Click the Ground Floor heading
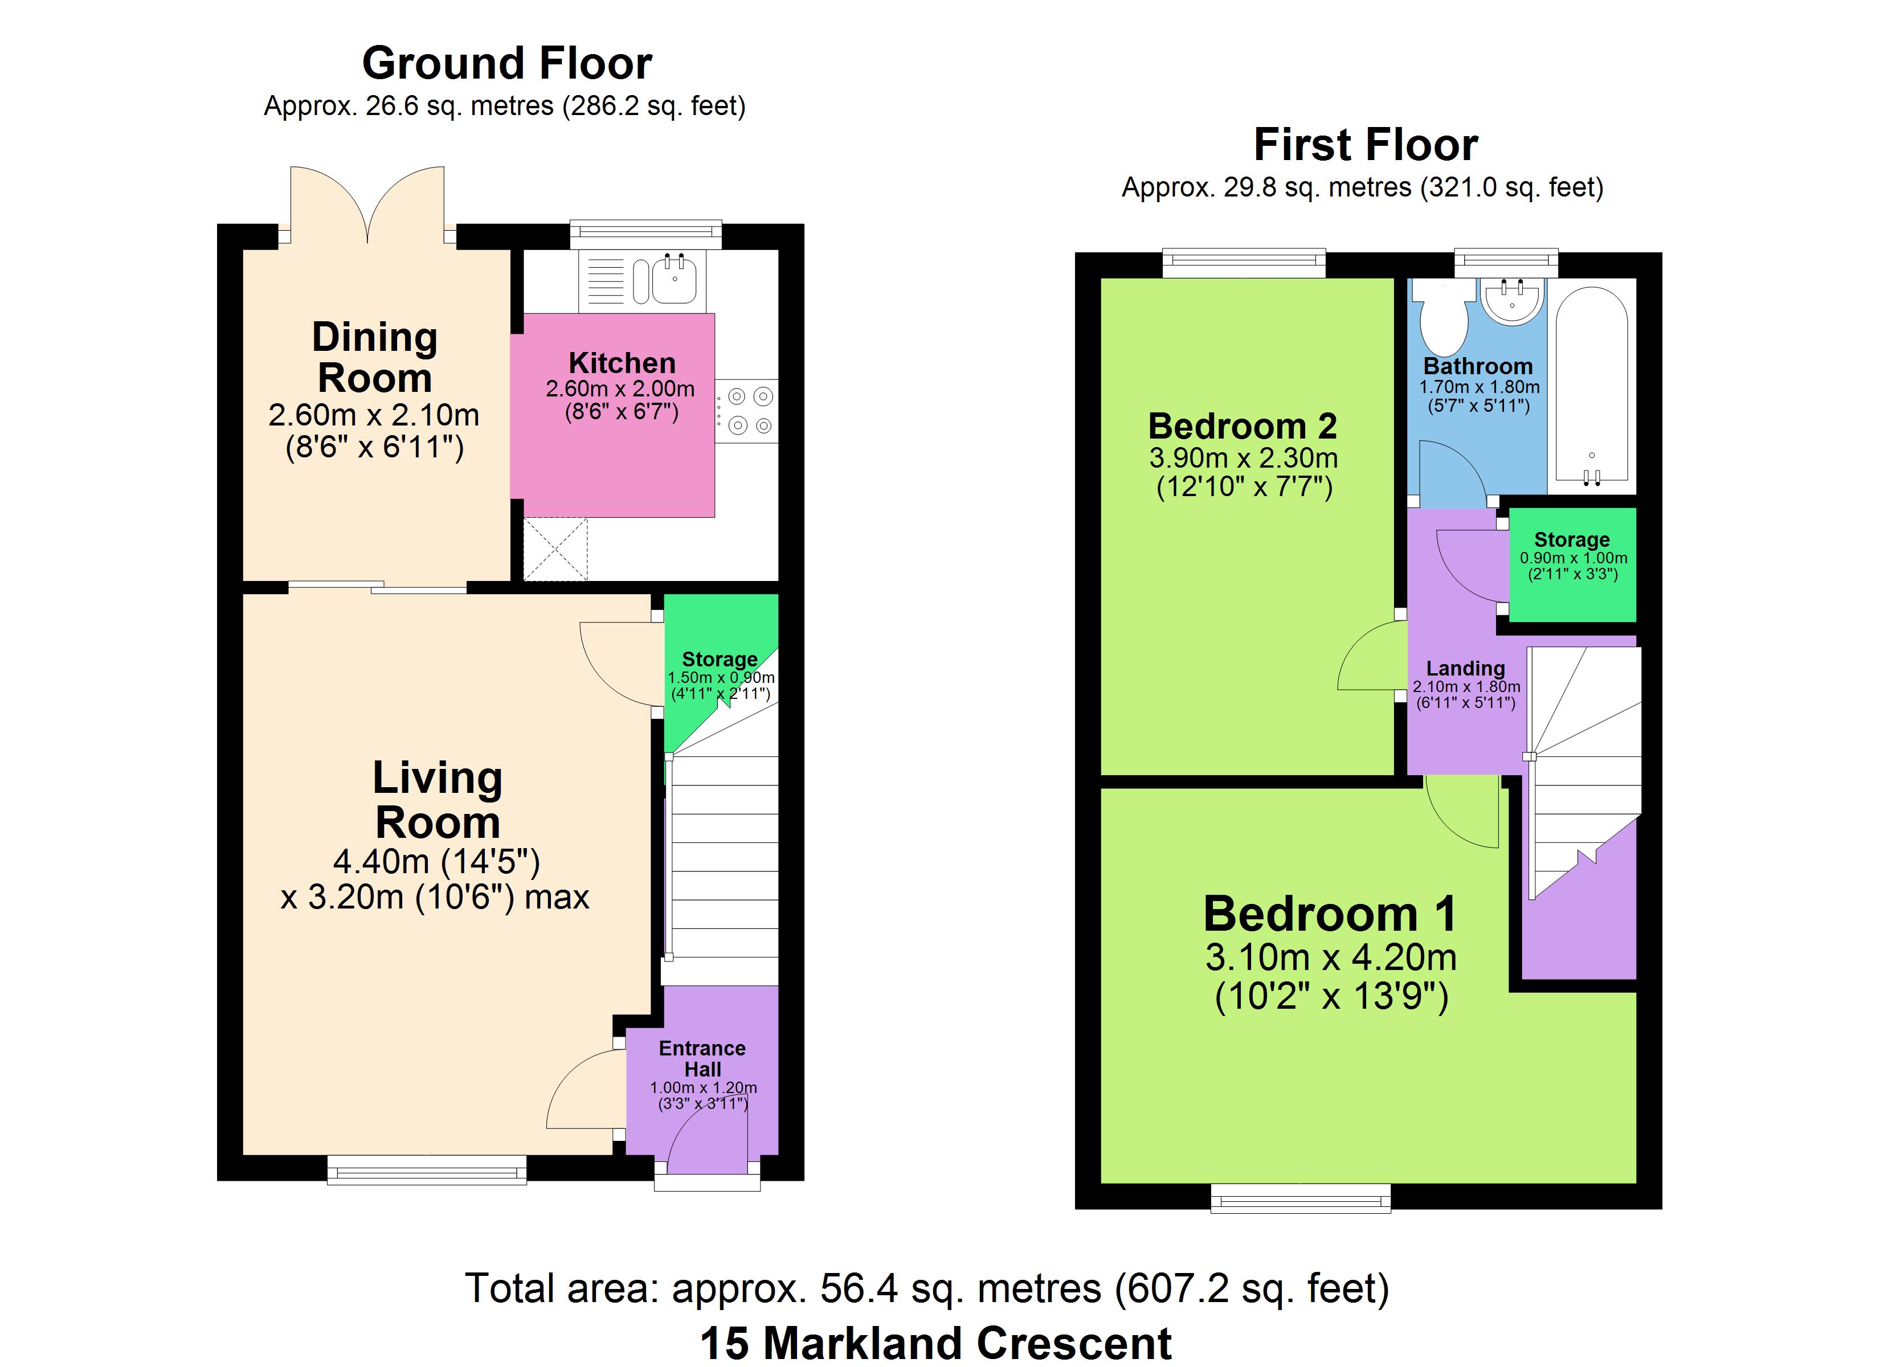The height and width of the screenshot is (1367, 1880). click(x=507, y=63)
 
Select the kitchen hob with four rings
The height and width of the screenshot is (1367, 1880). click(x=747, y=411)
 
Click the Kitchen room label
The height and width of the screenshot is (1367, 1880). click(x=622, y=363)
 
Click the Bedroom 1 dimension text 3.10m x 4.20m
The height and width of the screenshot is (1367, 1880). click(x=1330, y=957)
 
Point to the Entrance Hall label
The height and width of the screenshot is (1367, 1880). click(x=702, y=1059)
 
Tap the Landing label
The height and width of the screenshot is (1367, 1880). click(x=1465, y=668)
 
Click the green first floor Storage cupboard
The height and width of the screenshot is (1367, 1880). click(x=1572, y=564)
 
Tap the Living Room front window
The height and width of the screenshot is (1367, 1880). click(x=427, y=1169)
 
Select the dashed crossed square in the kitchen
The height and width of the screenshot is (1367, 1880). click(x=555, y=549)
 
